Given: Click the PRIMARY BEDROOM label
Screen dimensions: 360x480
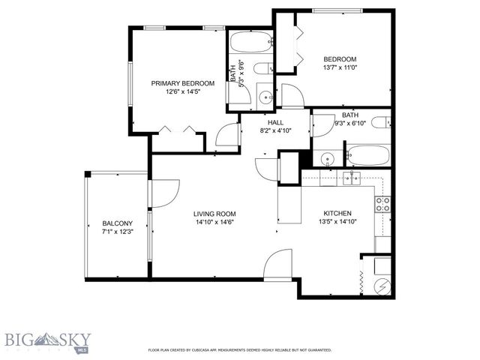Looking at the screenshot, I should coord(183,83).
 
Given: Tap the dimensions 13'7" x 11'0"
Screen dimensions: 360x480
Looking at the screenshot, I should coord(340,68).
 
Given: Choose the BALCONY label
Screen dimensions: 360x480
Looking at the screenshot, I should coord(118,223).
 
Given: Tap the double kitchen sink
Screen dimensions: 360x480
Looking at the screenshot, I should coord(351,178).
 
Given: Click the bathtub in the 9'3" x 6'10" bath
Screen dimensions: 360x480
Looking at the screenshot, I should coord(367,156).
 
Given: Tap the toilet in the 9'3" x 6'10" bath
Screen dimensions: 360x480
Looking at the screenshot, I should coord(381,122).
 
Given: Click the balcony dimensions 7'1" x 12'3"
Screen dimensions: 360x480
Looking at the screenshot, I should coord(118,232).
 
